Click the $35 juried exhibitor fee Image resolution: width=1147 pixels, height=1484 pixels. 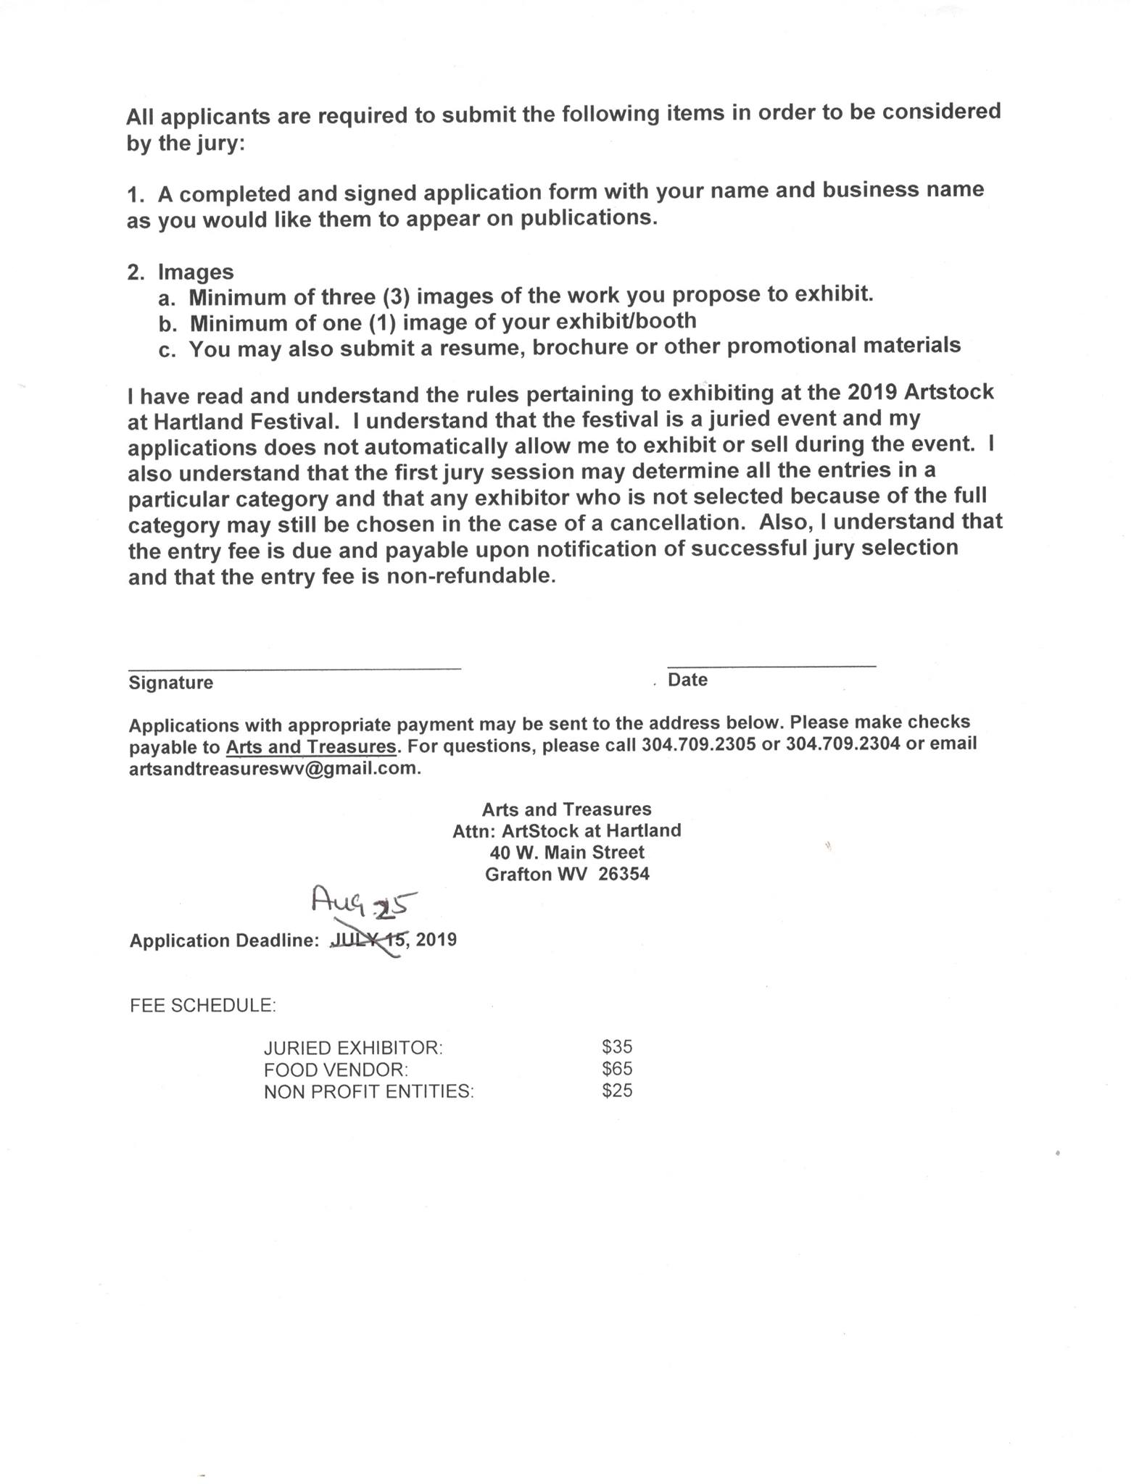[617, 1046]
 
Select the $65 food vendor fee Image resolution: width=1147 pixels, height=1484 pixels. [617, 1069]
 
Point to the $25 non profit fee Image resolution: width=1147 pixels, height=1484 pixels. [617, 1091]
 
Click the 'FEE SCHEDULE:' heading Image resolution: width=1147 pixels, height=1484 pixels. [202, 1006]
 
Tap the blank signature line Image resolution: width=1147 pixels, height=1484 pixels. [294, 665]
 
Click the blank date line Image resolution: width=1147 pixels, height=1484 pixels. [771, 662]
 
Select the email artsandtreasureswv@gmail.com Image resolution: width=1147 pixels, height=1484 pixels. [274, 769]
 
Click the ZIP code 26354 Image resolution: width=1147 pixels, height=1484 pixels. [624, 875]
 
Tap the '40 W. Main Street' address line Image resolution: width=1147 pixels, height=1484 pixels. [567, 852]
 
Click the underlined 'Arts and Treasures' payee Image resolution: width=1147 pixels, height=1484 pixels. [312, 746]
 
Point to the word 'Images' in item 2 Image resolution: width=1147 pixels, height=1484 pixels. [196, 272]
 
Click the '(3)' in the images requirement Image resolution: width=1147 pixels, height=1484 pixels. [397, 297]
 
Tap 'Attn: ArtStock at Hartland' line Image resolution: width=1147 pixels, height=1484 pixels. [567, 830]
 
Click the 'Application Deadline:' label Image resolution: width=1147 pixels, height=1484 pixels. [224, 941]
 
